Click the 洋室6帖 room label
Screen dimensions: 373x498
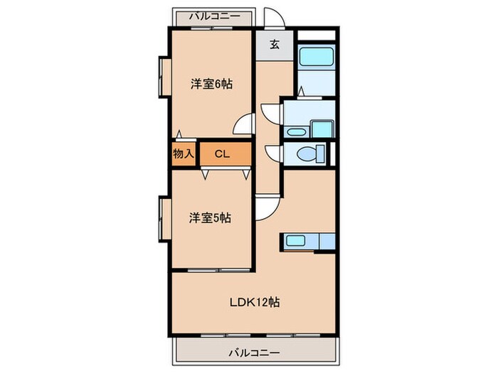click(211, 84)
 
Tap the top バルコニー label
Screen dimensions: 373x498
click(211, 15)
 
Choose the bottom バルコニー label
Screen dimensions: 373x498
click(254, 351)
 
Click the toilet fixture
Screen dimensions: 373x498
click(309, 154)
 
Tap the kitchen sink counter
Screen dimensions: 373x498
click(302, 242)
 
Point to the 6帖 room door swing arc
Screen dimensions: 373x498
click(245, 124)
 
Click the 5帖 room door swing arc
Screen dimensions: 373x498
click(266, 208)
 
